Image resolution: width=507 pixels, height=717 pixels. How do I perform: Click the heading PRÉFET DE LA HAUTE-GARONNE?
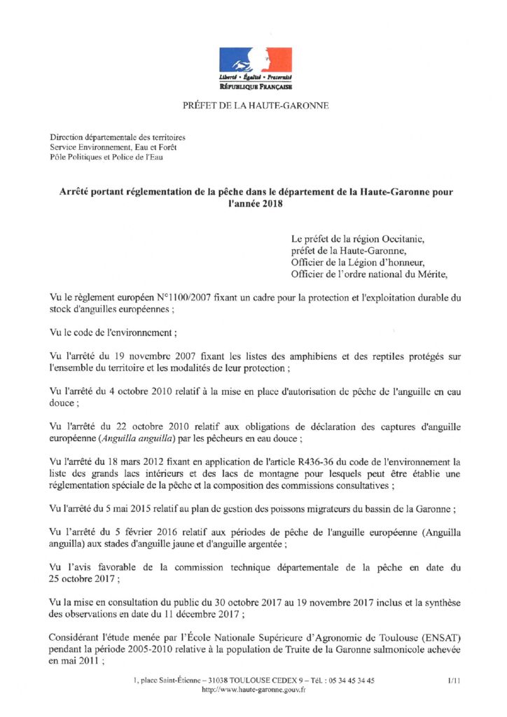(255, 106)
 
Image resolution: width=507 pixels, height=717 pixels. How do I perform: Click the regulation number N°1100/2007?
(186, 298)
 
